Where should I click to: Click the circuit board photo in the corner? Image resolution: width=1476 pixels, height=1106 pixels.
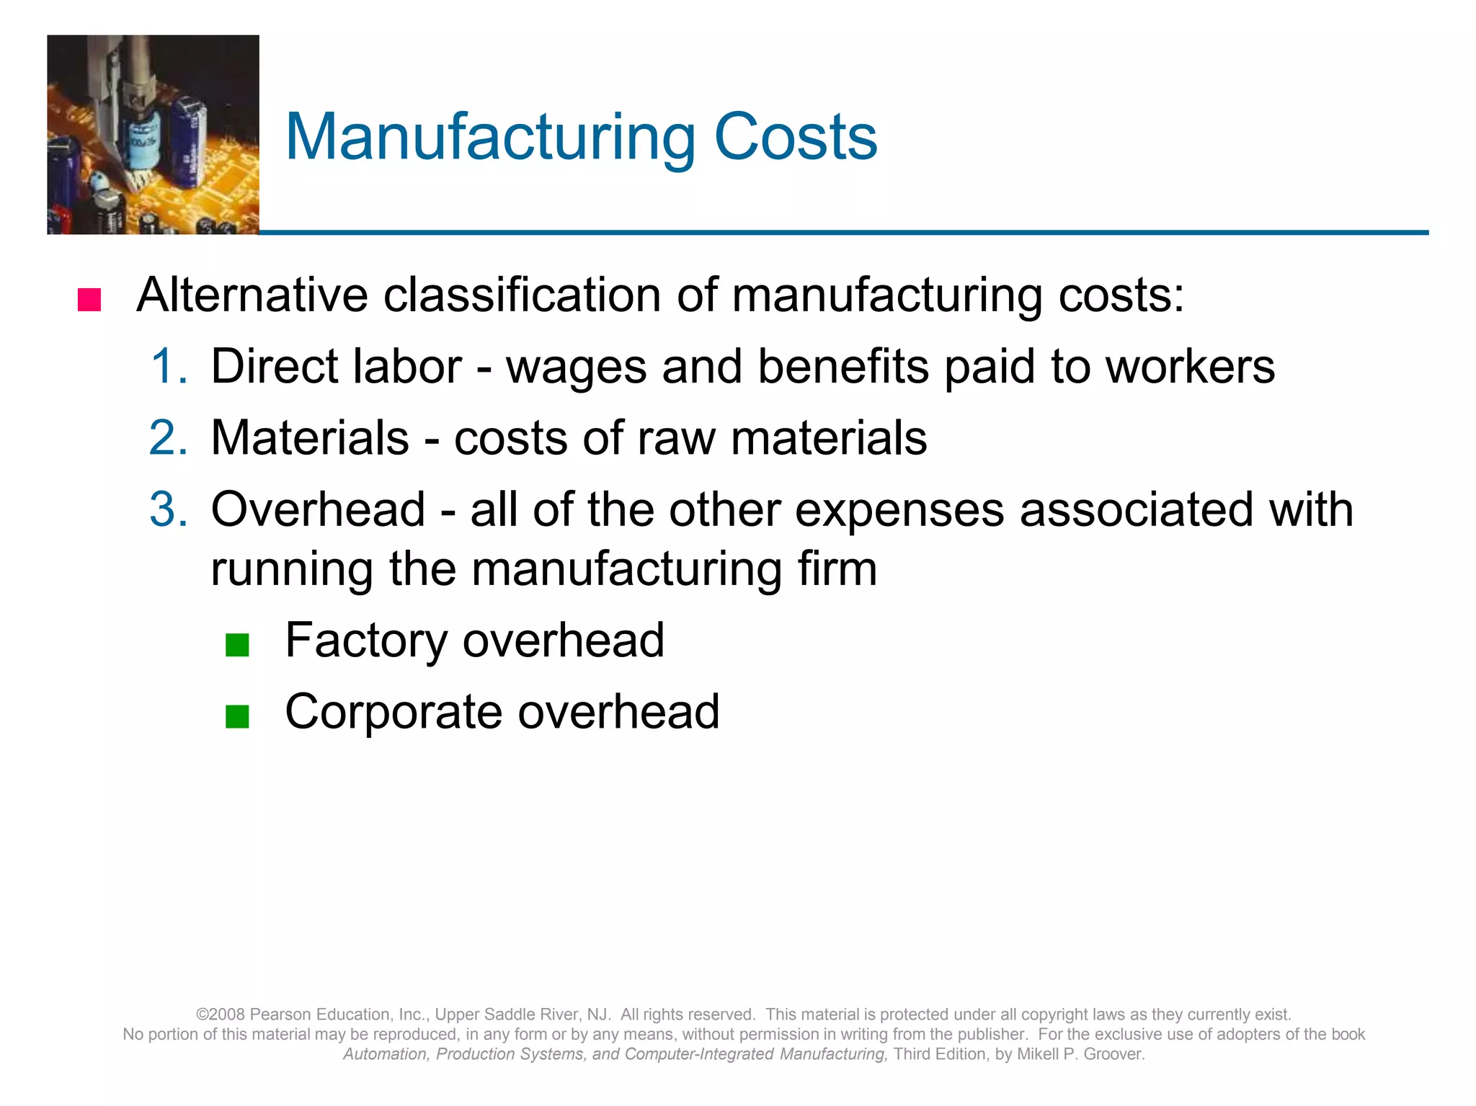[x=153, y=135]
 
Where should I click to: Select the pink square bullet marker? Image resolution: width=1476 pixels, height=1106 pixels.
[x=89, y=299]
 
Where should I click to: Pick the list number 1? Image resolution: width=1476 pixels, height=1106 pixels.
[x=169, y=366]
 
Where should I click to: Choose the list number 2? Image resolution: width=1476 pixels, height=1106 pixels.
[x=169, y=437]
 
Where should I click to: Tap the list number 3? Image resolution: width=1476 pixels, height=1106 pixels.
[x=169, y=509]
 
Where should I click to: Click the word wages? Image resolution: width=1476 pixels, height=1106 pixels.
[x=576, y=367]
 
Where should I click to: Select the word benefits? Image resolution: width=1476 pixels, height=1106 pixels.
[x=843, y=366]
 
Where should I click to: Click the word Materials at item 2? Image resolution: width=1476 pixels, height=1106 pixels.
[x=310, y=437]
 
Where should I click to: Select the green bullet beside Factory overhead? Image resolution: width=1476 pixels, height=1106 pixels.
[x=237, y=645]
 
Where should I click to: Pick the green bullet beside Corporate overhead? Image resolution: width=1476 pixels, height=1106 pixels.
[x=237, y=716]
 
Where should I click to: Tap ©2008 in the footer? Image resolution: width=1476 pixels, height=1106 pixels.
[x=221, y=1014]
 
